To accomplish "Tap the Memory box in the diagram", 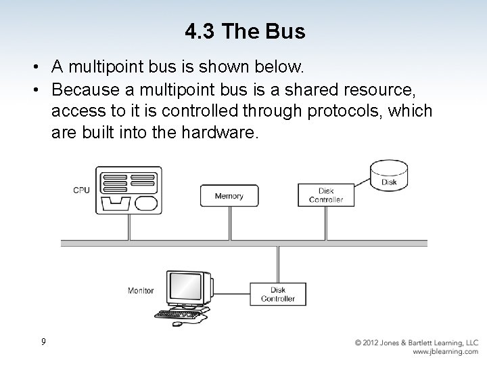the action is (x=229, y=196).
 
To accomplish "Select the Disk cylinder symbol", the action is (x=389, y=175).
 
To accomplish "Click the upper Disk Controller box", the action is (x=326, y=195).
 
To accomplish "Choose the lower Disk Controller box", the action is (x=277, y=293).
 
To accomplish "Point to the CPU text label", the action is (x=81, y=190).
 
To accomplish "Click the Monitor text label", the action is (x=140, y=291).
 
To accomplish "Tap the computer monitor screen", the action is (x=185, y=289).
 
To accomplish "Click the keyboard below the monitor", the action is (x=178, y=314).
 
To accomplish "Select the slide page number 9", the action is (x=43, y=342).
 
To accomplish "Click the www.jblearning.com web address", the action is (x=444, y=352).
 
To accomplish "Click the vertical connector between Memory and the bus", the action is (x=229, y=223).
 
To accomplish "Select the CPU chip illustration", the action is (x=129, y=192).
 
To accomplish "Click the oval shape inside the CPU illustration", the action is (x=146, y=203).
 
